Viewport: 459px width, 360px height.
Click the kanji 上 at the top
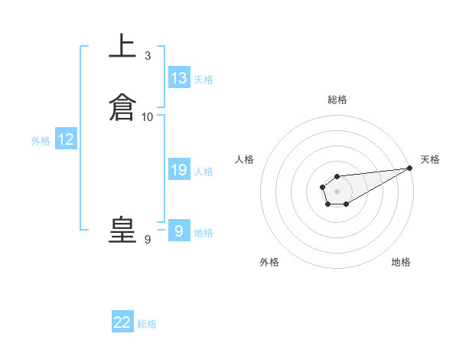pos(122,47)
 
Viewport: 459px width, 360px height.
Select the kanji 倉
pos(122,107)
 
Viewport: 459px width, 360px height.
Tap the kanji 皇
pos(122,231)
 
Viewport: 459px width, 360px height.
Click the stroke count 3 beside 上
pos(147,56)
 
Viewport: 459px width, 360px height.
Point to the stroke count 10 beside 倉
pos(147,117)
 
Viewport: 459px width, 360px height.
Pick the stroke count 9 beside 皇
pos(147,240)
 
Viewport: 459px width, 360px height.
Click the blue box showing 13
pos(179,77)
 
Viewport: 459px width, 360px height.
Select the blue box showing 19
pos(179,170)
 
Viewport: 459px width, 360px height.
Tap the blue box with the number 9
pos(178,231)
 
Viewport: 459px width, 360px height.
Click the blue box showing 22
pos(122,322)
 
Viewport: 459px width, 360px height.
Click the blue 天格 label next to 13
pos(203,80)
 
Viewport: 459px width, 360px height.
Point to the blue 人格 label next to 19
pos(203,172)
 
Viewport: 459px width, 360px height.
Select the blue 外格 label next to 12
pos(40,140)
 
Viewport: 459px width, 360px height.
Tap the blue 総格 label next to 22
pos(147,324)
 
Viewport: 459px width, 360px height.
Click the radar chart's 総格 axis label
pos(337,100)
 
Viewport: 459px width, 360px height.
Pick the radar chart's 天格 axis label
pos(430,159)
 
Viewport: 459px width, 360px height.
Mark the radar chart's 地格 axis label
pos(401,262)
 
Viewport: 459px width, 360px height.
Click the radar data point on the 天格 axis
pos(409,168)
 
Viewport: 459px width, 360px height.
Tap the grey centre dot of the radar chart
pos(337,191)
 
